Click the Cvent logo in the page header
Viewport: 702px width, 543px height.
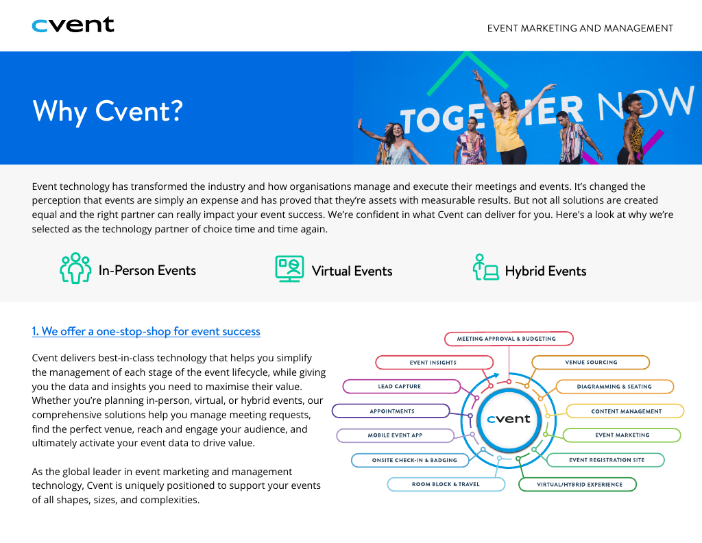[73, 25]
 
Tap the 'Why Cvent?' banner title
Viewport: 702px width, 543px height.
[108, 110]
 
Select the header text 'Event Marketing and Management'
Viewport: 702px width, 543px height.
[580, 28]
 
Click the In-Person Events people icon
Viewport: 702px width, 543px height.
[75, 269]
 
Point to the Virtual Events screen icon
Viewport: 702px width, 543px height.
[289, 269]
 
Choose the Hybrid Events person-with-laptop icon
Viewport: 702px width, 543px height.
[485, 268]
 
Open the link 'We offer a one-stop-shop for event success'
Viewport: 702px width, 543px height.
[146, 332]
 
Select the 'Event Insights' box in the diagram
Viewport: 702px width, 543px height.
[433, 363]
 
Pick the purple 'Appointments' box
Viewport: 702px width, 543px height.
[391, 411]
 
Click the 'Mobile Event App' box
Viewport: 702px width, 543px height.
[395, 435]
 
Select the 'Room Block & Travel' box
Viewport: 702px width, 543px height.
[446, 484]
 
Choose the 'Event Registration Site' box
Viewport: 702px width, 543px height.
[605, 460]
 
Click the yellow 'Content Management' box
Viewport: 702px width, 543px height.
[625, 411]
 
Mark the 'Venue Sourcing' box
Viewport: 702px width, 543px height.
[591, 363]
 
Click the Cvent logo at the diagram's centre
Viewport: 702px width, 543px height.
[509, 419]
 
